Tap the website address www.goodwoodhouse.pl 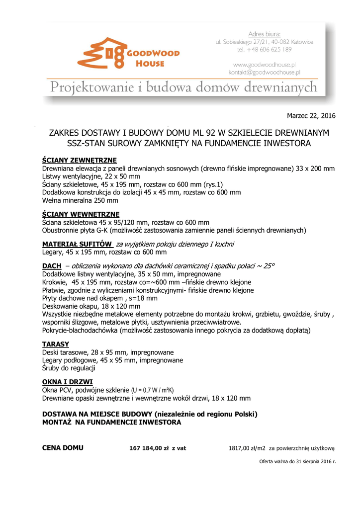point(265,65)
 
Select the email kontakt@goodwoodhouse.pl point(265,72)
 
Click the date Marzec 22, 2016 point(311,116)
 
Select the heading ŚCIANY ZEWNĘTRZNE point(80,161)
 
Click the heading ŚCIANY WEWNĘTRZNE point(81,214)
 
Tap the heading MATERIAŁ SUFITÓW point(77,244)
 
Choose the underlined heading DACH point(52,266)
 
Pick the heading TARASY point(56,344)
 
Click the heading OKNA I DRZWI point(68,382)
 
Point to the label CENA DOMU point(63,448)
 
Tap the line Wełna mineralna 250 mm point(80,200)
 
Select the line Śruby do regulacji point(69,368)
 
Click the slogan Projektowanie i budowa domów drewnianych point(183,88)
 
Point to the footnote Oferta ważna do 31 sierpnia point(297,462)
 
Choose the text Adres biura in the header point(265,34)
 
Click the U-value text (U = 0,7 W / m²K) point(152,390)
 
